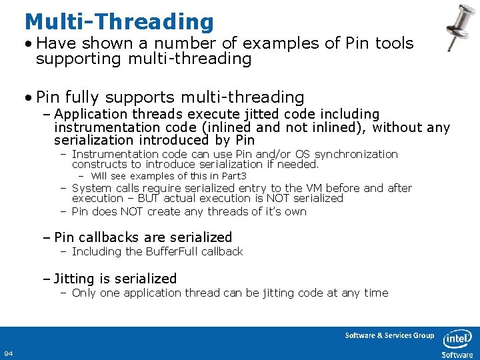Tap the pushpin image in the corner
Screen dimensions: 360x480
[x=459, y=27]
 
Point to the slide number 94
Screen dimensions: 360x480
[x=9, y=353]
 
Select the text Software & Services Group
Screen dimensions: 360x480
[x=389, y=335]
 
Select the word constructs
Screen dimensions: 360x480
[x=99, y=164]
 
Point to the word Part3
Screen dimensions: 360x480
[x=233, y=176]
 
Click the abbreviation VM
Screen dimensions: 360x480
[x=311, y=188]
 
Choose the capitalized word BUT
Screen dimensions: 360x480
[x=147, y=198]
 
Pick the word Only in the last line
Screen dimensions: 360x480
[x=83, y=293]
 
